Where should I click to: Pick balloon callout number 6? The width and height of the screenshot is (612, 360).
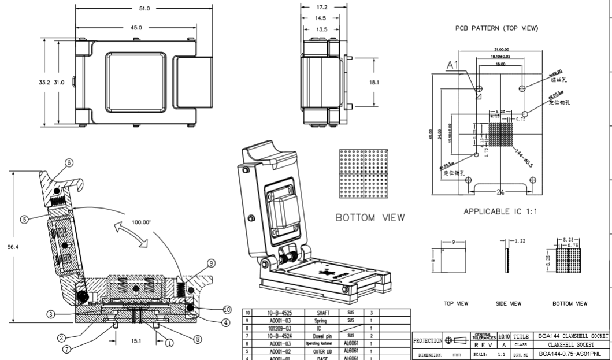coord(69,163)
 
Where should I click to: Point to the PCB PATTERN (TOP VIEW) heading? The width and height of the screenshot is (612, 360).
coord(502,28)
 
